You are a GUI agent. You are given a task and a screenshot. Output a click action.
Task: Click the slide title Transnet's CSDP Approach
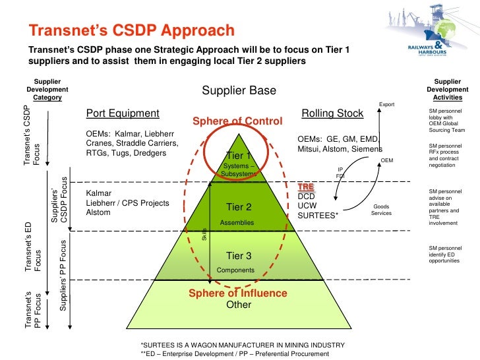131,30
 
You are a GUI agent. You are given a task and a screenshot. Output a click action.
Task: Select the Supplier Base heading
239,91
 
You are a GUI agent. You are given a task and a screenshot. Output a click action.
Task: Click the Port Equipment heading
123,113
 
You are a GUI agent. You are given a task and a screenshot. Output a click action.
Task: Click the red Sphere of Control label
237,122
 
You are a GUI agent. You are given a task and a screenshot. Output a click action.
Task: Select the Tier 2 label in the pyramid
239,207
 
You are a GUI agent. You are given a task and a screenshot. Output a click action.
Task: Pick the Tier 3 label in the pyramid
239,256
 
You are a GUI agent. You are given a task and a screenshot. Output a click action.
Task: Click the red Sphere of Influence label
238,293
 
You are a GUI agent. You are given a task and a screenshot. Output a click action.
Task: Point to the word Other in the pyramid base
239,305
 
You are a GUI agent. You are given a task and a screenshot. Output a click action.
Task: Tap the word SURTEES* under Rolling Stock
318,215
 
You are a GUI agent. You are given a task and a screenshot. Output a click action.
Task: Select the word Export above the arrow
386,104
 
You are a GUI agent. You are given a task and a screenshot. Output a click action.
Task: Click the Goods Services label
381,210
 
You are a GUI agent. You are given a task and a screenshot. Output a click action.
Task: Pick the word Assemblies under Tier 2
237,223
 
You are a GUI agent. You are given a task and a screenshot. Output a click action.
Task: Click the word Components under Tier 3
235,270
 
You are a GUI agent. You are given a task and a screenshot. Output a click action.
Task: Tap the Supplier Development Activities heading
448,89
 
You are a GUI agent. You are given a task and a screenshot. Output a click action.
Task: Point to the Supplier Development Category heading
47,89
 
